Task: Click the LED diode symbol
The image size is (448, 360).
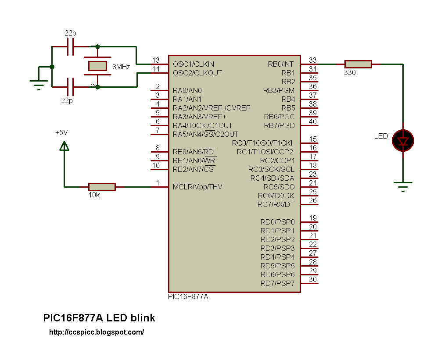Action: tap(403, 140)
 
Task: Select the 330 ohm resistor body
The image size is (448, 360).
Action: tap(358, 64)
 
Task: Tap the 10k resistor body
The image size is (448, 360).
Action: tap(102, 187)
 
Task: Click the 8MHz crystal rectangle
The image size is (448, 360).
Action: tap(97, 66)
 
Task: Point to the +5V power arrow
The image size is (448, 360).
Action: tap(65, 146)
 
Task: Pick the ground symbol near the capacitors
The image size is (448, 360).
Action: tap(39, 85)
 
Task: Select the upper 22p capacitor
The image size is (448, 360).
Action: tap(71, 46)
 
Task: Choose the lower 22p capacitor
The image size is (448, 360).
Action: tap(70, 87)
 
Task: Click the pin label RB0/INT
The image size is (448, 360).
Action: tap(280, 64)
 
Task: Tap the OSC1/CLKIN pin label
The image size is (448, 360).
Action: tap(194, 64)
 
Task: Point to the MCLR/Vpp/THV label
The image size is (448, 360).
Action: tap(197, 187)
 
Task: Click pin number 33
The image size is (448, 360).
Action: tap(313, 60)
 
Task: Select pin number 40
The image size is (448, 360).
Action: tap(313, 121)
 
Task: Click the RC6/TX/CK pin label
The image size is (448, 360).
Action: tap(276, 196)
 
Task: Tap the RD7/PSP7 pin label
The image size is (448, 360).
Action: tap(277, 284)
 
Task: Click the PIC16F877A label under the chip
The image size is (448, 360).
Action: tap(188, 296)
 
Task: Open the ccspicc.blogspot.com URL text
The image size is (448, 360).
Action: tap(97, 332)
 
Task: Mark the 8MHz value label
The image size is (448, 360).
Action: tap(121, 67)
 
